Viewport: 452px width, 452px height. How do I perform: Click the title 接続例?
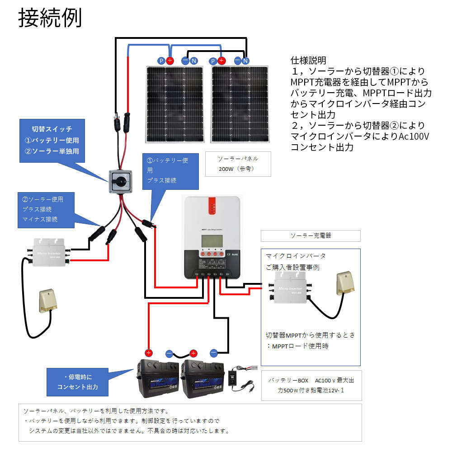[x=50, y=19]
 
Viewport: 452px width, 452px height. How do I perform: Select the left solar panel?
[x=174, y=103]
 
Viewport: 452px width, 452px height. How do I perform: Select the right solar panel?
[x=240, y=103]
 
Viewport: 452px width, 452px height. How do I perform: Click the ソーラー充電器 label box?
[x=310, y=236]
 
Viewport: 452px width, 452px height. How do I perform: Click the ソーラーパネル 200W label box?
[x=238, y=164]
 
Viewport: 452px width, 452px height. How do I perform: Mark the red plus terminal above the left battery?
[x=149, y=353]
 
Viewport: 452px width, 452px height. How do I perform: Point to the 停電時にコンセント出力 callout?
[x=77, y=381]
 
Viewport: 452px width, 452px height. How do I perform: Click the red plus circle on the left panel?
[x=170, y=61]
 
